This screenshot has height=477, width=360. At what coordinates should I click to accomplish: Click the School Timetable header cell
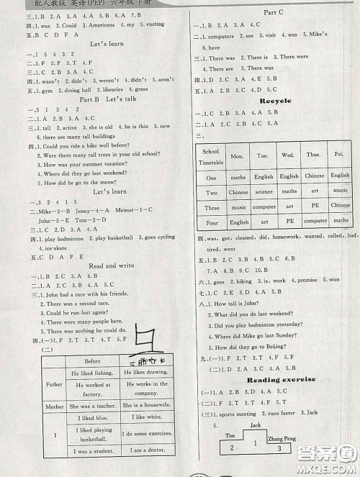(x=211, y=157)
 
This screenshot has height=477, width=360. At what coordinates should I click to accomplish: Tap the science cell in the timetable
(x=264, y=192)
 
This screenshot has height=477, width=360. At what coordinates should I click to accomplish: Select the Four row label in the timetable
(x=211, y=222)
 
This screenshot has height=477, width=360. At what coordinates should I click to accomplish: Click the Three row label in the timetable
(x=211, y=207)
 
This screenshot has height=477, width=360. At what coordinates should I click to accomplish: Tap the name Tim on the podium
(x=230, y=436)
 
